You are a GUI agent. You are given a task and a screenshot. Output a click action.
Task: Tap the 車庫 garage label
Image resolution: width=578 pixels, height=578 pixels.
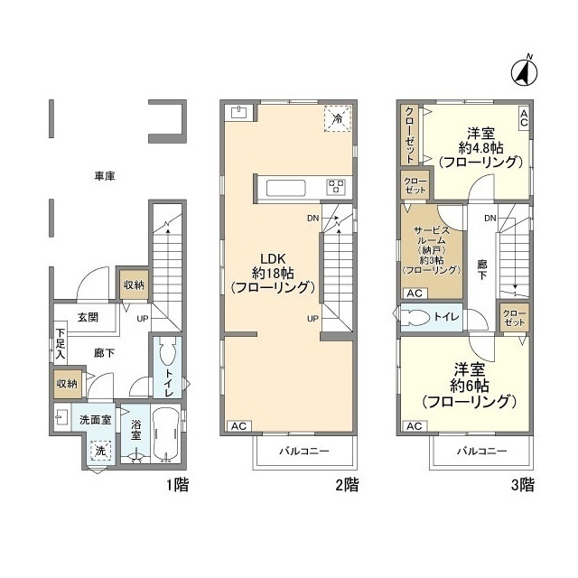(x=102, y=175)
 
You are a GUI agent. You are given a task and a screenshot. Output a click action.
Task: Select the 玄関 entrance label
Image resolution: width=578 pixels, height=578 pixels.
(x=88, y=317)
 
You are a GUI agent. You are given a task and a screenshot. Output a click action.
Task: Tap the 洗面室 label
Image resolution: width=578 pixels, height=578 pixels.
(x=94, y=420)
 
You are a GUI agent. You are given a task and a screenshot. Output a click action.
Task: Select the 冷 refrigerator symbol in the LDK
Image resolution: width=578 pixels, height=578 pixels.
(x=336, y=118)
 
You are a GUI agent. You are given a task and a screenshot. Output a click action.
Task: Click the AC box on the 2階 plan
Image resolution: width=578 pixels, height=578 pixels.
(x=238, y=425)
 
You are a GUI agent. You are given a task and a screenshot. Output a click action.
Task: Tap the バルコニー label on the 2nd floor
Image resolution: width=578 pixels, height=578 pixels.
(x=303, y=450)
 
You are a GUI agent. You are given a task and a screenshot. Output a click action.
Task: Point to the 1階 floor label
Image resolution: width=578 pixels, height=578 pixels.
(x=176, y=485)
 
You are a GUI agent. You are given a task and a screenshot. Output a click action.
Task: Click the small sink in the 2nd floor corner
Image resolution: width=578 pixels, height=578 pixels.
(x=238, y=113)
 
